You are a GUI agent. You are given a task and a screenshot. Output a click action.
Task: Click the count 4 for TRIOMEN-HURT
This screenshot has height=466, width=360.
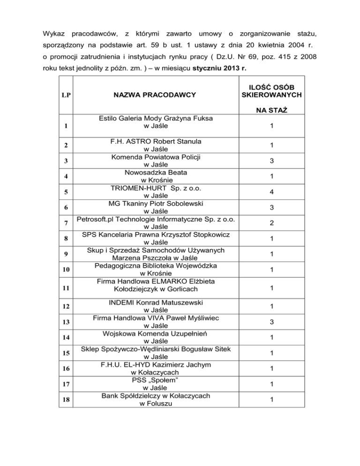pos(271,192)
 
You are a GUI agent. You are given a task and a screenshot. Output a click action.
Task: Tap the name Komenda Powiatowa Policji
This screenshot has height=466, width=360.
pos(152,156)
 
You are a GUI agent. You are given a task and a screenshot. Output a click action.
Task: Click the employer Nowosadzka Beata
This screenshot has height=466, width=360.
pos(152,172)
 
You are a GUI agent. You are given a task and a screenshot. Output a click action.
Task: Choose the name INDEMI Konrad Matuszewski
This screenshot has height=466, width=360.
pos(152,301)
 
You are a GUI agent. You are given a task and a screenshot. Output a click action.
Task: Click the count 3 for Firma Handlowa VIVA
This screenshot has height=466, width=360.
pos(271,322)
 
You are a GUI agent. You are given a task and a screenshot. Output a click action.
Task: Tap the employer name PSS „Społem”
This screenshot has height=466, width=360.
pos(152,379)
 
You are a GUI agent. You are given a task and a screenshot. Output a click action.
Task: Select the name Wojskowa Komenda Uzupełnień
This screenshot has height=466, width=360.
pos(152,333)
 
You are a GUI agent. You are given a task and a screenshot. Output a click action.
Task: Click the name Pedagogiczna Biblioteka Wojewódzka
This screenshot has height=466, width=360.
pos(152,265)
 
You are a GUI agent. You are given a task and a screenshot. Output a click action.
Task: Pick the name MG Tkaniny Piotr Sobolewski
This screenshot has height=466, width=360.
pos(152,204)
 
